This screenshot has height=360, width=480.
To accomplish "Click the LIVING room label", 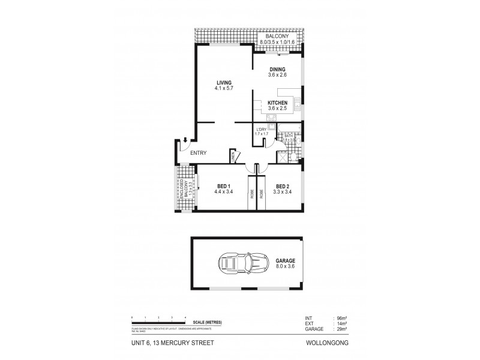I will (x=223, y=83).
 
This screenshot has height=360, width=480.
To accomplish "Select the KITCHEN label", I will (x=277, y=103).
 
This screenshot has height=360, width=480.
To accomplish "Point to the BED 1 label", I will (x=223, y=187).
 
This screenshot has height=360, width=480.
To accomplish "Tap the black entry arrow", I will (x=186, y=141).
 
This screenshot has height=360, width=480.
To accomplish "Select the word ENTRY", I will (x=198, y=153).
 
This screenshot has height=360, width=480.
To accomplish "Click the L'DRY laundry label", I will (x=261, y=130).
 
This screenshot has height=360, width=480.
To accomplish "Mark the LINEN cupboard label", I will (x=233, y=157).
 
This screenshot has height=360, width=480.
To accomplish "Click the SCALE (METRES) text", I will (x=205, y=323).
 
